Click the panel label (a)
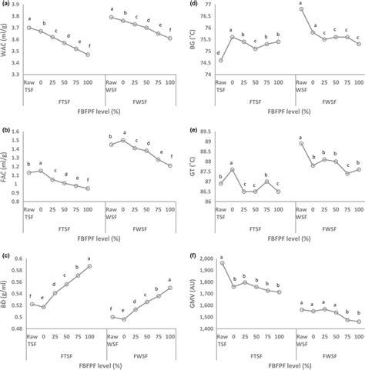click(6, 5)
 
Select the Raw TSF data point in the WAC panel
click(29, 28)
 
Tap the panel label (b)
click(6, 131)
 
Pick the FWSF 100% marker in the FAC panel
click(170, 165)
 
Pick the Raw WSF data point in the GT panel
click(300, 143)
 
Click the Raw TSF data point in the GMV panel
click(222, 263)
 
